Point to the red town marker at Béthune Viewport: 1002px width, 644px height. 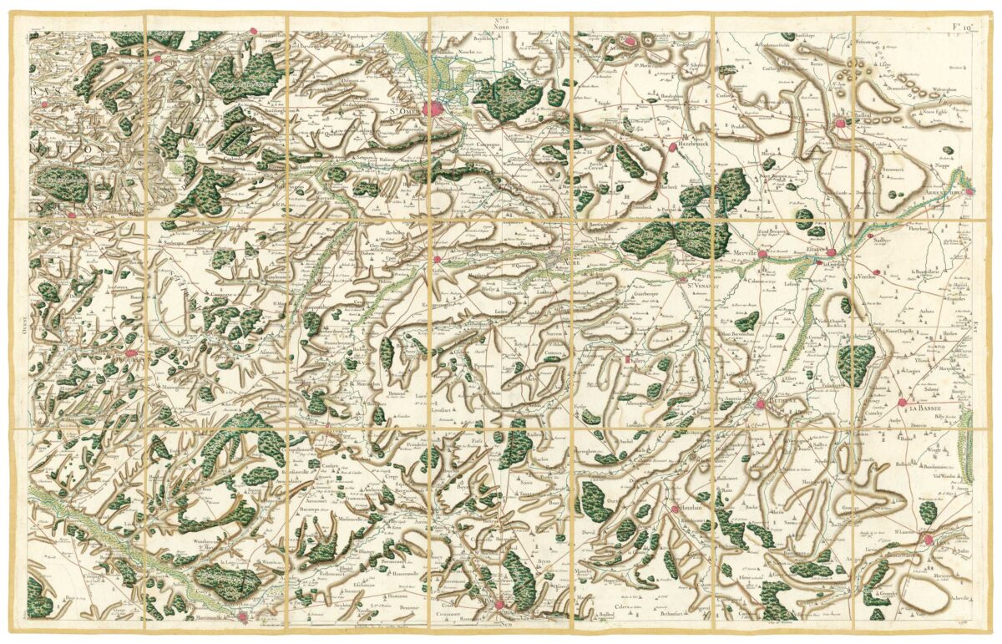pos(761,404)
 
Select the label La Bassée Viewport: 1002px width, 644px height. pos(927,408)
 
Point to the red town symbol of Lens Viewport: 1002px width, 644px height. pos(929,542)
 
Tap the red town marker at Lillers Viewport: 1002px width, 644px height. pos(627,360)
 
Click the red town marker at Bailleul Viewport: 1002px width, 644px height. pos(841,123)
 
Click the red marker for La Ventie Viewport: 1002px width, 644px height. pos(872,272)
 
